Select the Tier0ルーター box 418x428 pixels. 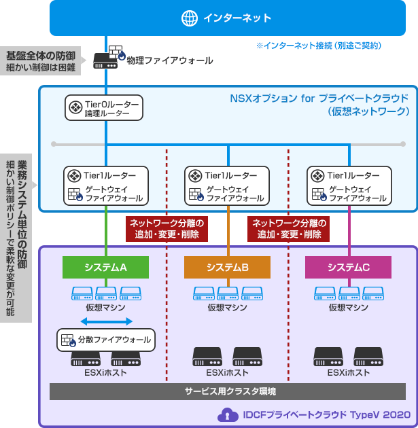point(105,108)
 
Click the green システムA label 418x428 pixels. point(105,268)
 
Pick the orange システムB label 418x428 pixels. point(227,268)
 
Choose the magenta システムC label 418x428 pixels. point(348,268)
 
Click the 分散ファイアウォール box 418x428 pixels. point(105,339)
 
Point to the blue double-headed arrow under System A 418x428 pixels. point(105,321)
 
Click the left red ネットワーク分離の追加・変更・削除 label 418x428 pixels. point(167,229)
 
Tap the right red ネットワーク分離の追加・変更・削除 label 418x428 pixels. point(289,229)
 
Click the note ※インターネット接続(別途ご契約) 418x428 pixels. point(318,46)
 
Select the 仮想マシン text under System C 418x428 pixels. point(348,308)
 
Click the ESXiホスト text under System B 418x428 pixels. point(227,373)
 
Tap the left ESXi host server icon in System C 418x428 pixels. point(328,357)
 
